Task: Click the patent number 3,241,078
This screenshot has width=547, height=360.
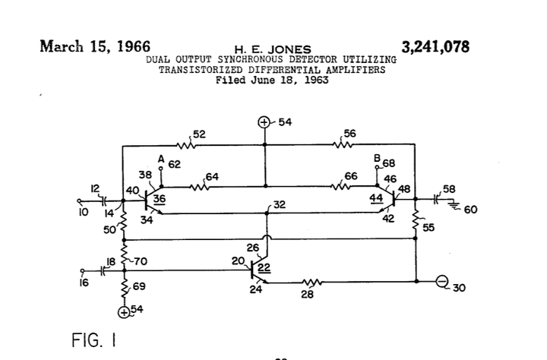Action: [435, 46]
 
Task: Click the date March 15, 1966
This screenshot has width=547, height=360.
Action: [94, 45]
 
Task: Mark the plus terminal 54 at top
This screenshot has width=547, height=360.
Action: [264, 122]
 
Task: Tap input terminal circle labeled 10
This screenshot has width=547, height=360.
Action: [80, 201]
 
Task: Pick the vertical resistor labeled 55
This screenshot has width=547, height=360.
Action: [417, 220]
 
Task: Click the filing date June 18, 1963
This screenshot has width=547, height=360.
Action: [272, 80]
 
